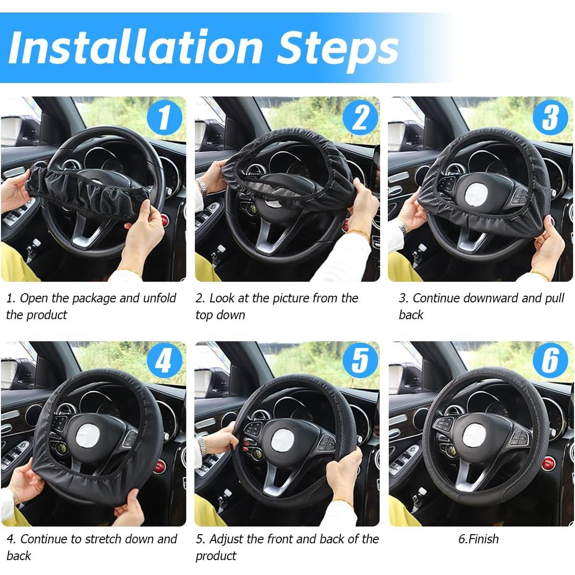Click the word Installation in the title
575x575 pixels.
[x=135, y=48]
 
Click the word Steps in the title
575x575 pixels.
[x=338, y=48]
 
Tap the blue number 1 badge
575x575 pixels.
[x=165, y=117]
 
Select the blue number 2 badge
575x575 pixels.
[x=359, y=118]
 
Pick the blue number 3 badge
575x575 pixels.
[x=551, y=118]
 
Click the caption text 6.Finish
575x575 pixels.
[x=478, y=539]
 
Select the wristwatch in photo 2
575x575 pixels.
[x=203, y=186]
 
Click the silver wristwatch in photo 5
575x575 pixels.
[x=202, y=447]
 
